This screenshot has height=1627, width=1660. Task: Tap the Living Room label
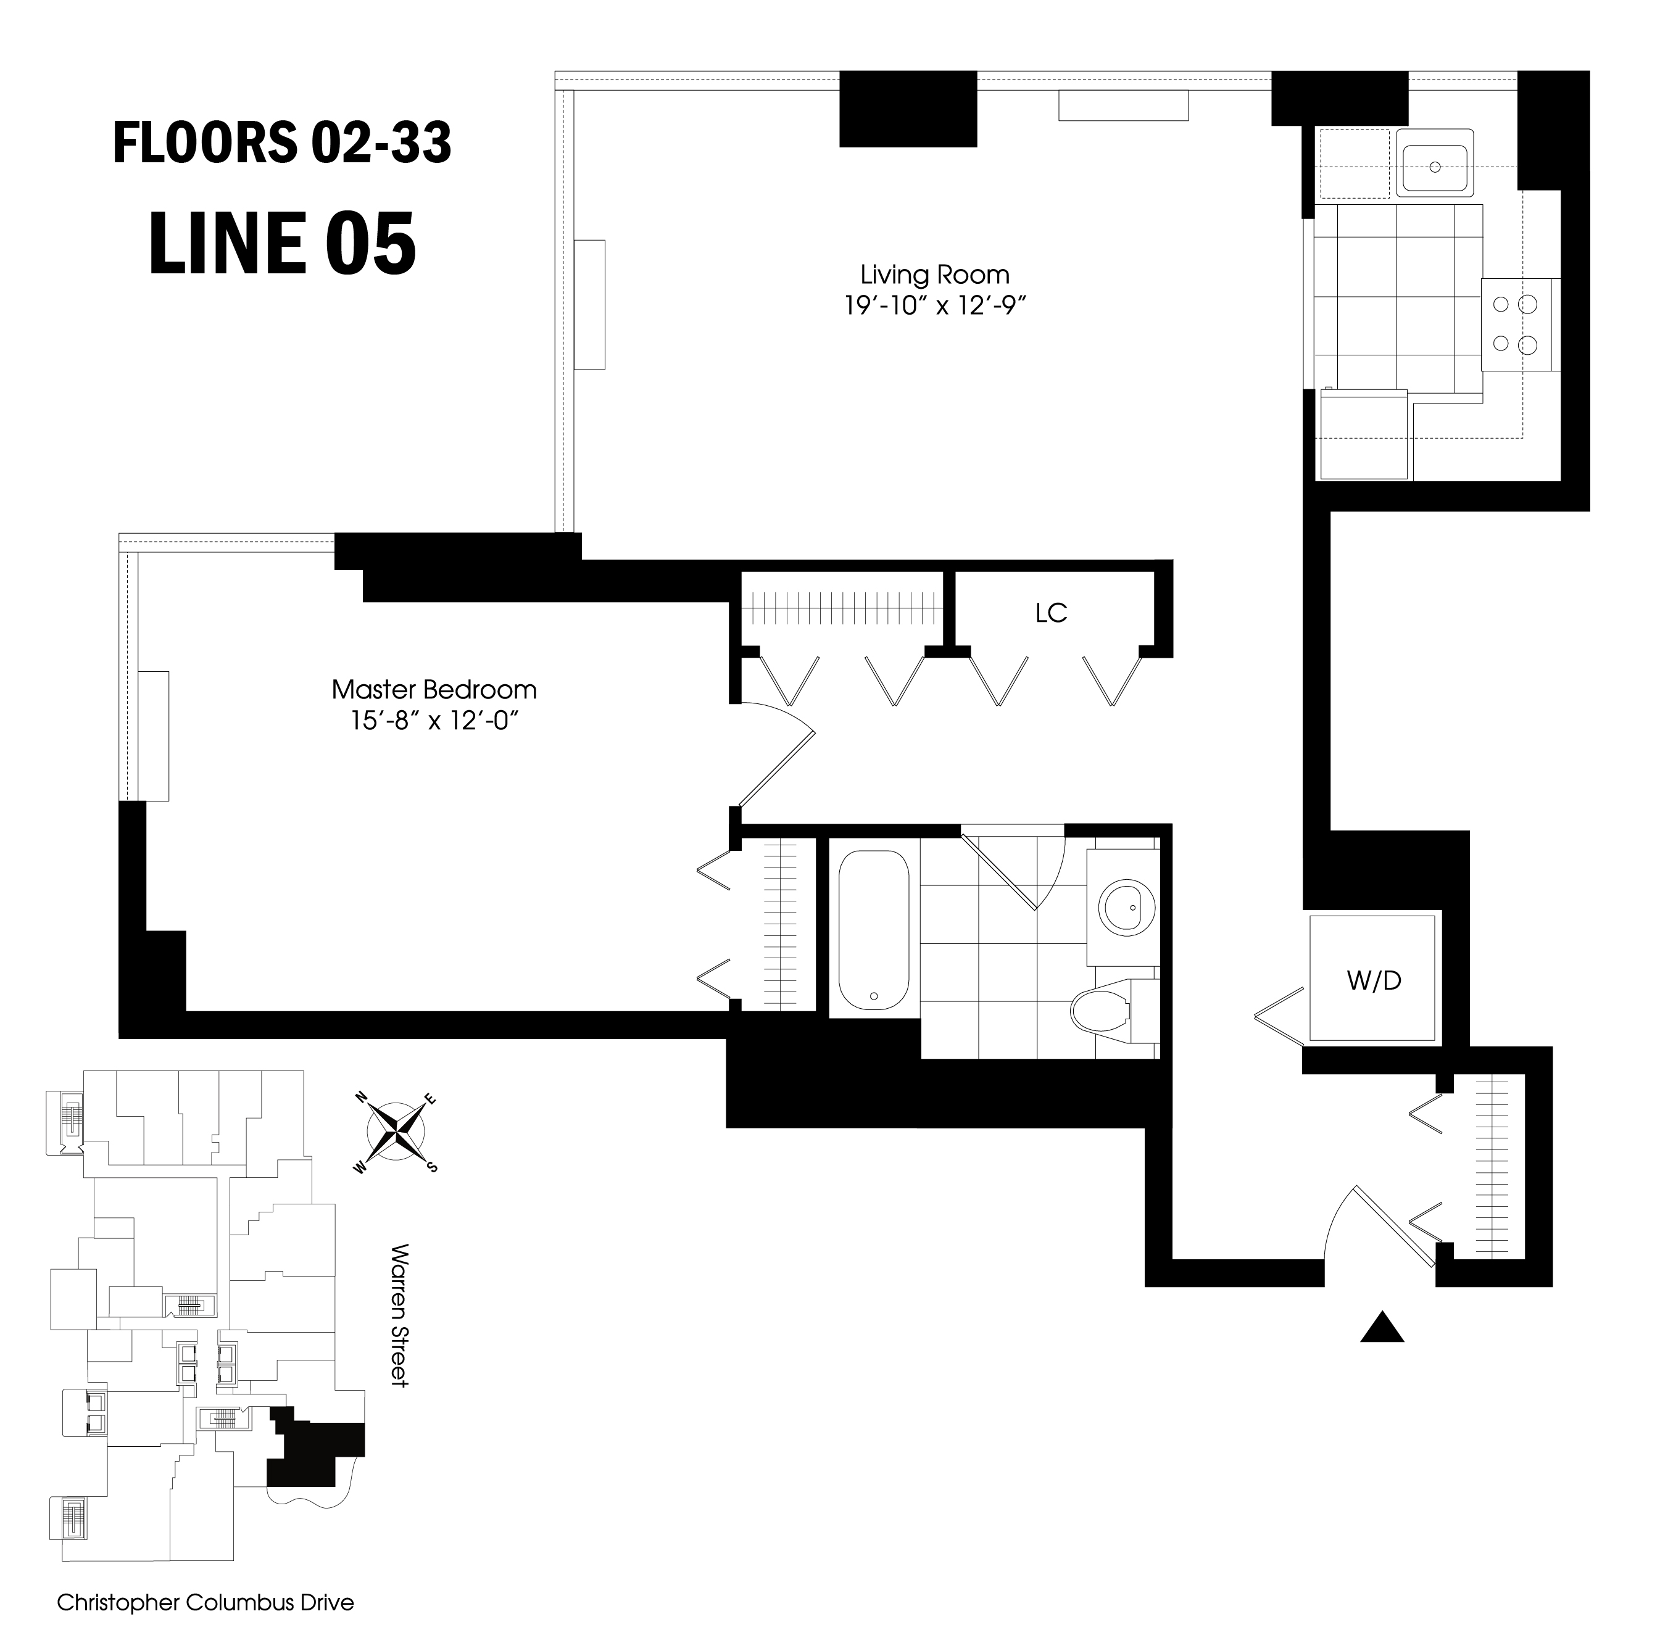(934, 275)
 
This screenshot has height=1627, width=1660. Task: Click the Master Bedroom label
(434, 690)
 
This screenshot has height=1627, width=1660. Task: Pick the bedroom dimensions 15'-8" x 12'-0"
(434, 721)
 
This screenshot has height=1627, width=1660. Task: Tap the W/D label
(1374, 981)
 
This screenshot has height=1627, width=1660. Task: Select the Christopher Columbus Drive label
(205, 1602)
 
